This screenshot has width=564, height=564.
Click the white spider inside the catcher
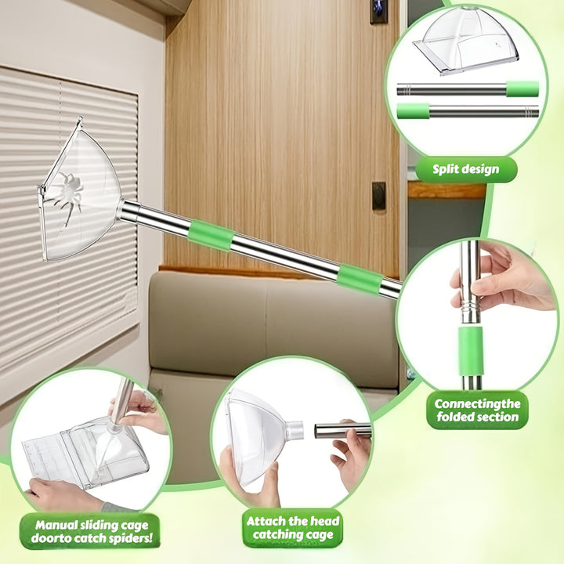[69, 196]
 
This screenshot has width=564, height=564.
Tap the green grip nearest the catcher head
[211, 235]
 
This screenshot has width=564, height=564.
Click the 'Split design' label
[466, 169]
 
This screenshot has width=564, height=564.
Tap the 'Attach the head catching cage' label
[292, 527]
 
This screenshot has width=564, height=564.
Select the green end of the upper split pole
[522, 89]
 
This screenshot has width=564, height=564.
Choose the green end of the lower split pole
[413, 110]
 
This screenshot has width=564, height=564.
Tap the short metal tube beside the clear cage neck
[342, 430]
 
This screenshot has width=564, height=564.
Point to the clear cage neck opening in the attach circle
[295, 430]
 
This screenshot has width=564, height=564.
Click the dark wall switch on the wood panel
[378, 196]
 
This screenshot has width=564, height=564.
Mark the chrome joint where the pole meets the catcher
[128, 211]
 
